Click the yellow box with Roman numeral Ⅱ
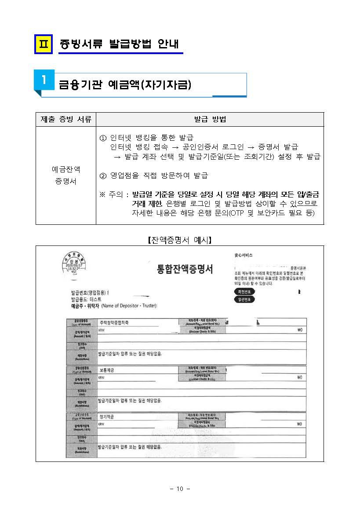click(x=43, y=44)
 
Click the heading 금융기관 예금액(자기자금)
click(x=125, y=85)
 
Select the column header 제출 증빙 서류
click(x=66, y=119)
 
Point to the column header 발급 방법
click(x=210, y=119)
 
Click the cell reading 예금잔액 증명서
click(x=66, y=176)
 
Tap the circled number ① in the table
click(x=104, y=138)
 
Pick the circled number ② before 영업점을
click(x=104, y=176)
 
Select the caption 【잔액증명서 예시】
click(x=179, y=241)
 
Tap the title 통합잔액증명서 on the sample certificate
click(x=184, y=269)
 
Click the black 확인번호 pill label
click(x=244, y=292)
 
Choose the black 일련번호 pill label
click(x=244, y=300)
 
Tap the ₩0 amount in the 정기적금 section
click(x=299, y=424)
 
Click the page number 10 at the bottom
click(x=180, y=489)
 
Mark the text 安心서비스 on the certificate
click(x=244, y=255)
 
